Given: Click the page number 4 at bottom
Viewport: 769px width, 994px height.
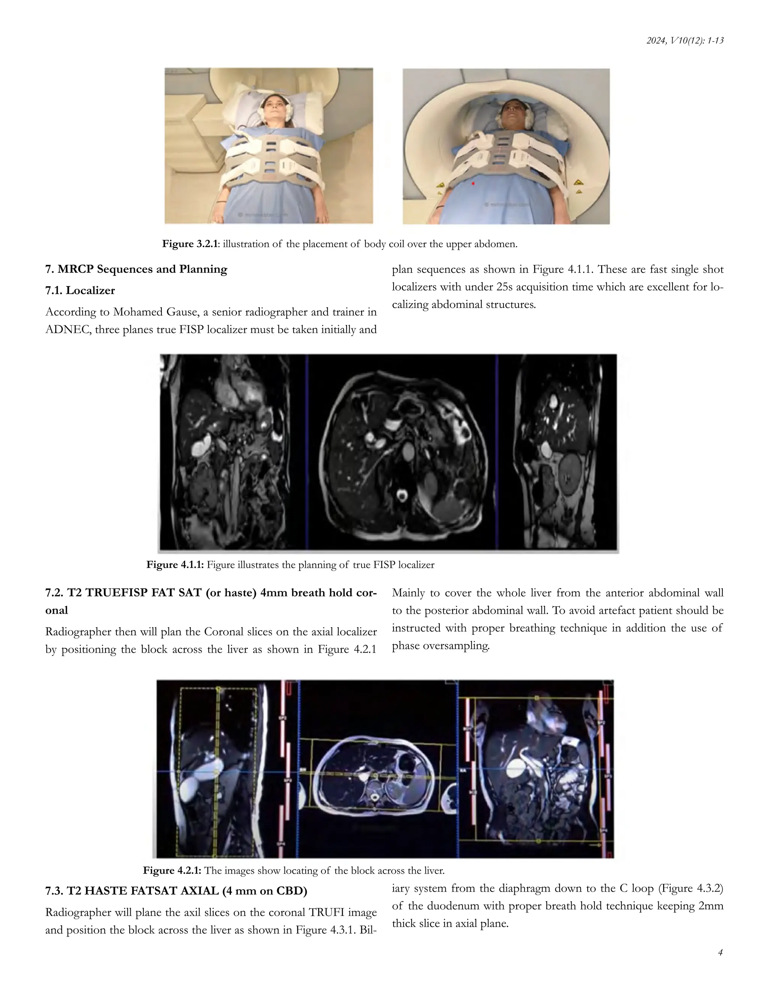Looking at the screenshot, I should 720,952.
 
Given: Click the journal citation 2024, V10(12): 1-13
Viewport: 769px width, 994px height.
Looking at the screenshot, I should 685,41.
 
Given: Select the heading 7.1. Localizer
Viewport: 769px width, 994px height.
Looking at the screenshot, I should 80,290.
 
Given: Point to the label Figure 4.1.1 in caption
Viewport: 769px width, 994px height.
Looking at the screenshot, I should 175,565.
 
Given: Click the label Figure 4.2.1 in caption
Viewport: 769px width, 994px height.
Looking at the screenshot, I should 172,871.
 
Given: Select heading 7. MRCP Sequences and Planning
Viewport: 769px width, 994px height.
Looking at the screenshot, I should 136,269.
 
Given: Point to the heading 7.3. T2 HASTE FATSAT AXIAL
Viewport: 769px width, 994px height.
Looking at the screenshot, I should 176,891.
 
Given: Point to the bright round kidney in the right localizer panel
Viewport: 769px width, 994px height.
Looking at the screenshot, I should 570,476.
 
